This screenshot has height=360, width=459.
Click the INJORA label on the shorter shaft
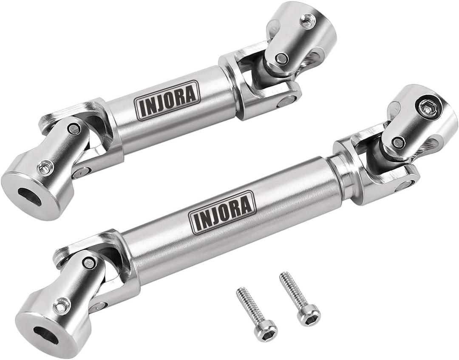click(167, 100)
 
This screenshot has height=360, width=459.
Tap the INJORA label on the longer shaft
click(222, 212)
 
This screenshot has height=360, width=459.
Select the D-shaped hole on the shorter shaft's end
click(29, 197)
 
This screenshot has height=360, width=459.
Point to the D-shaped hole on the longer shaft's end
click(45, 335)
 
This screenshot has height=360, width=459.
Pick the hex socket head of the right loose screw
click(309, 315)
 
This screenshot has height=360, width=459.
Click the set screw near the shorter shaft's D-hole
click(45, 167)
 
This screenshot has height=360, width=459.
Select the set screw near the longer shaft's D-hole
click(62, 306)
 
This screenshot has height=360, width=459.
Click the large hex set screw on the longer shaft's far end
click(427, 108)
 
